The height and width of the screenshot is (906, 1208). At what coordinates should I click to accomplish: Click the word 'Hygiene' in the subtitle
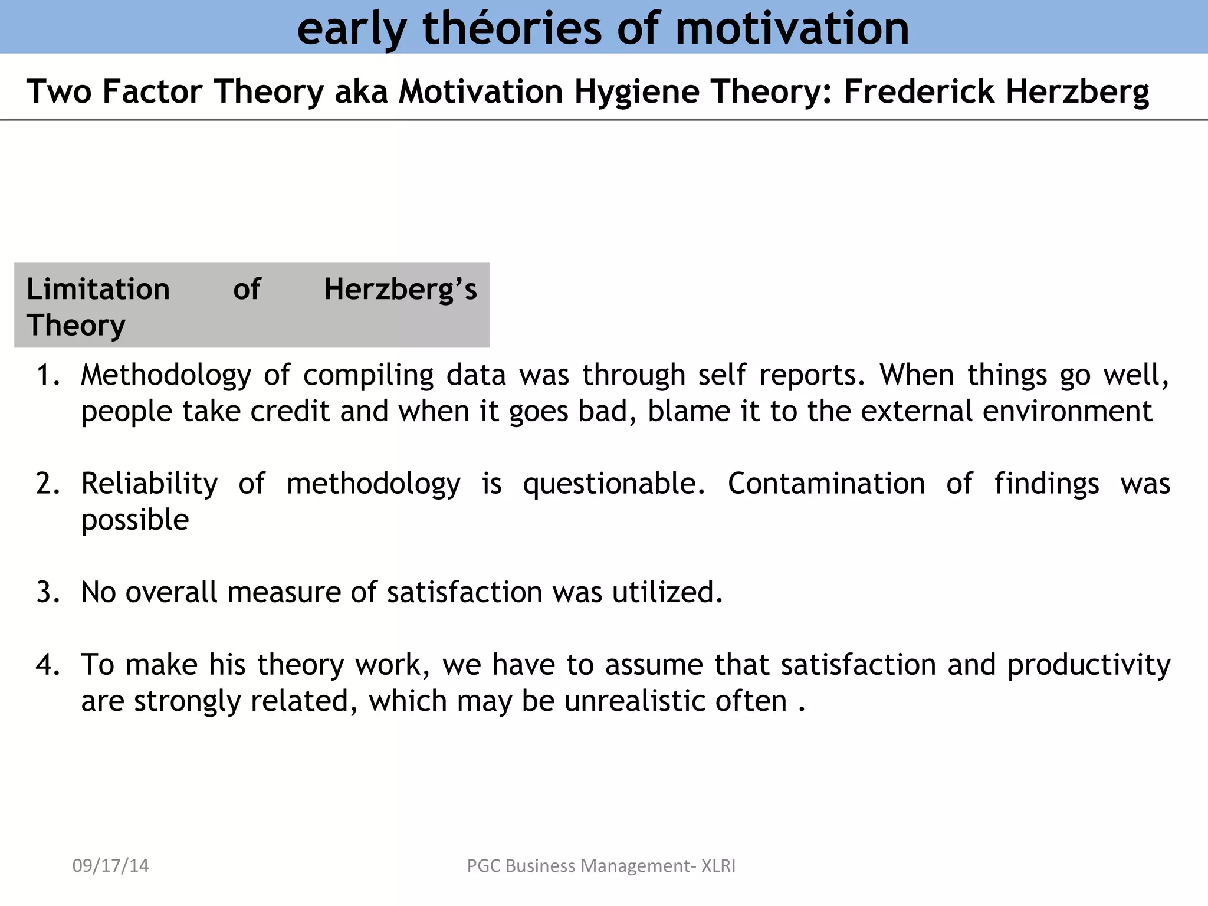[x=636, y=92]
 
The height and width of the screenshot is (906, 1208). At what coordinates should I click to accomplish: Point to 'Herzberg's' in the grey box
[x=401, y=289]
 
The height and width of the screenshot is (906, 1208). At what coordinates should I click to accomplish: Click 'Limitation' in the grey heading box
[x=98, y=289]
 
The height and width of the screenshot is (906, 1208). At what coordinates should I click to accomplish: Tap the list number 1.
[x=47, y=375]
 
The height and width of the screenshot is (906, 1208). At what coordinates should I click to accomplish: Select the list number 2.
[x=47, y=484]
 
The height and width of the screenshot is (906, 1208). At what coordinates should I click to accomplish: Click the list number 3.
[x=47, y=592]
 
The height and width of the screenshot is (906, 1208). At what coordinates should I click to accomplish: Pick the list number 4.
[x=47, y=665]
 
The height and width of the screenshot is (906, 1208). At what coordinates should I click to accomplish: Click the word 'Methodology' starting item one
[x=166, y=375]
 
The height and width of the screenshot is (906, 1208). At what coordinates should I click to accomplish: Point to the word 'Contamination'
[x=826, y=484]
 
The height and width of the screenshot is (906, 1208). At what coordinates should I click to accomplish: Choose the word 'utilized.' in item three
[x=667, y=592]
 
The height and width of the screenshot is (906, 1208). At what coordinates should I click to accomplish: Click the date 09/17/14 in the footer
[x=110, y=866]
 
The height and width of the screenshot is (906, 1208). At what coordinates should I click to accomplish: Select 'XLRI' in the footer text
[x=718, y=866]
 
